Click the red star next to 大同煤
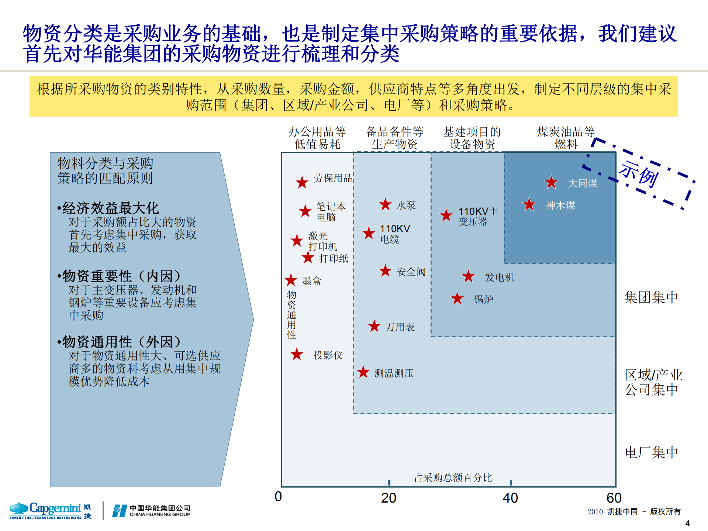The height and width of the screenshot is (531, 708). [551, 182]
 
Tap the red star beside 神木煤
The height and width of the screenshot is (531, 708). [529, 204]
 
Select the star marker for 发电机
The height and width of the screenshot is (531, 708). [468, 276]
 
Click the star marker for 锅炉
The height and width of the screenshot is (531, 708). [457, 299]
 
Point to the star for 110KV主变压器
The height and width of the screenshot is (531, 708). [446, 215]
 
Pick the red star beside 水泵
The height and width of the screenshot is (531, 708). [385, 204]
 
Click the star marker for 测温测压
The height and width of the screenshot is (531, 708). [363, 372]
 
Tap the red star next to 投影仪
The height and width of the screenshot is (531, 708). [297, 355]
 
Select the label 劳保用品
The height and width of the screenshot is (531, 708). [332, 178]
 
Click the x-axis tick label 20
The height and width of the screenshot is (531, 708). [388, 498]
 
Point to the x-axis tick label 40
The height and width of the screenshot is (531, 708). [510, 498]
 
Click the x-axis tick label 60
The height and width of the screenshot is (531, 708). [614, 498]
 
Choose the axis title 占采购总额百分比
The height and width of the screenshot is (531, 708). [453, 478]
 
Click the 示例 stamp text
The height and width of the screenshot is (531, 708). [638, 174]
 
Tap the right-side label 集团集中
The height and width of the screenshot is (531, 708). [651, 297]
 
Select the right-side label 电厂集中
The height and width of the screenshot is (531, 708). [651, 452]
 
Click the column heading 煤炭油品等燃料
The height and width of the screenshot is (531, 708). [566, 138]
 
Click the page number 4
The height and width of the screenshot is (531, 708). [687, 523]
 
